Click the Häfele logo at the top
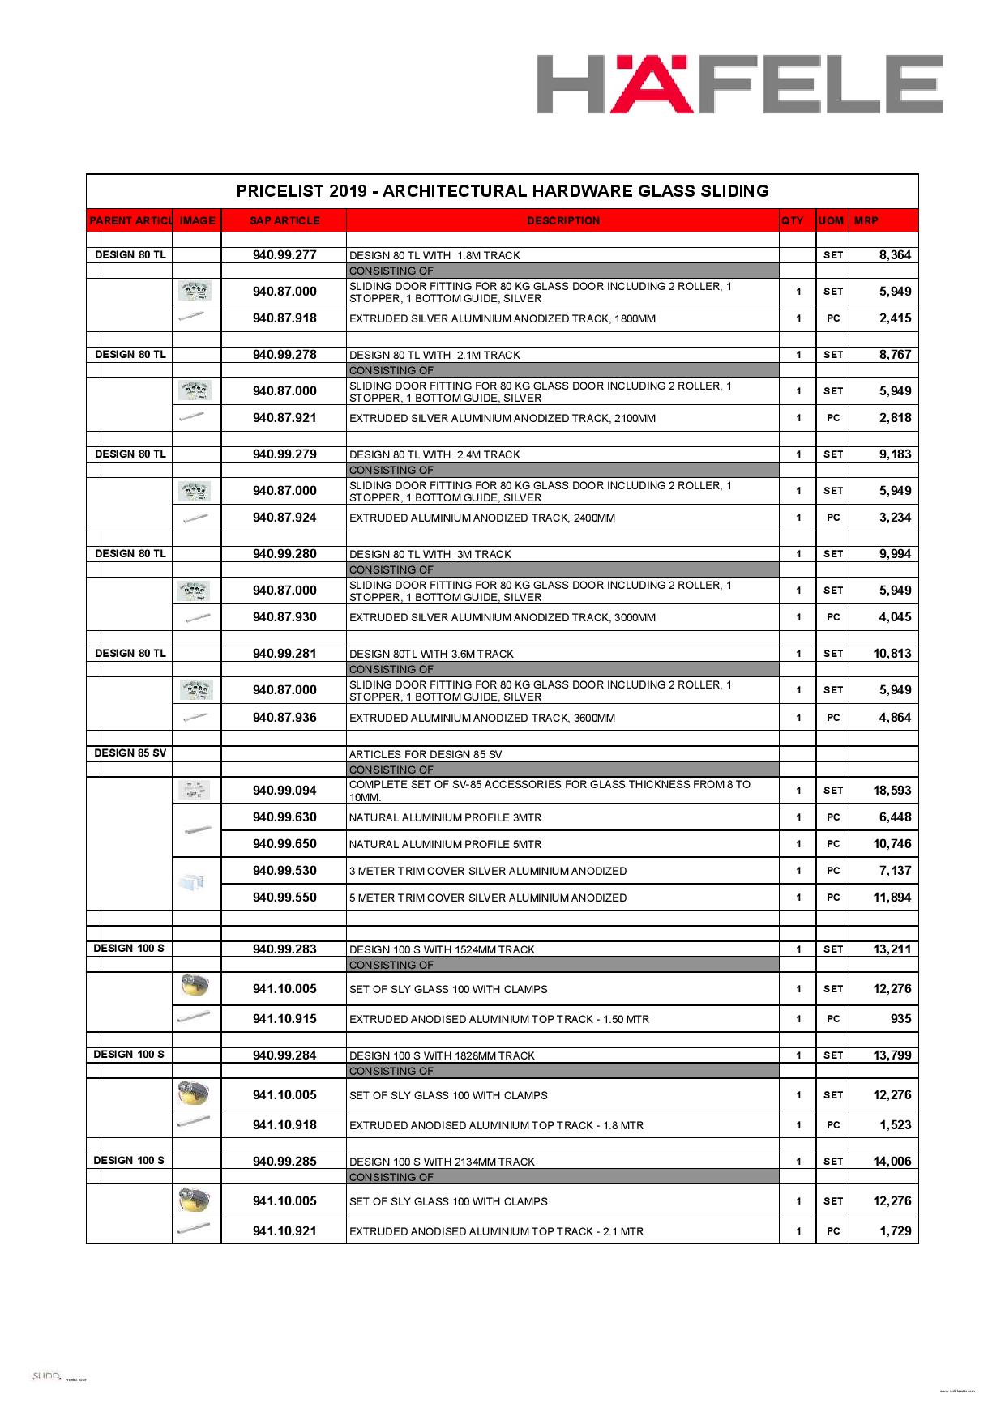740,84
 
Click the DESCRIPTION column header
563,220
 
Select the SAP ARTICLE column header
284,220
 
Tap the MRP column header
866,220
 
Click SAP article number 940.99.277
284,255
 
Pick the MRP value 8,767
895,355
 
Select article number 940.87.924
284,518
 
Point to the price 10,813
892,654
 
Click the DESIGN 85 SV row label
130,753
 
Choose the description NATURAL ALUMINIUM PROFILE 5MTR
445,844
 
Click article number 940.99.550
284,898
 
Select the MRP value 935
900,1019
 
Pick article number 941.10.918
284,1125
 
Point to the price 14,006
892,1162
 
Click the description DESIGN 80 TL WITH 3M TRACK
430,555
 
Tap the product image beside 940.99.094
195,790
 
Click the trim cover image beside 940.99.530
193,882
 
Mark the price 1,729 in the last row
895,1231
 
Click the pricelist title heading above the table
502,191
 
